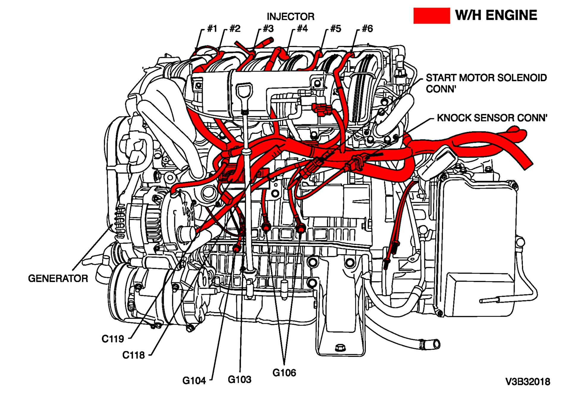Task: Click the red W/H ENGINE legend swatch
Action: (x=431, y=16)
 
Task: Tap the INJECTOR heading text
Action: (x=290, y=17)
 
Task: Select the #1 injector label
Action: (x=212, y=29)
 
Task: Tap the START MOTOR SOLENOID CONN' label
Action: (x=486, y=83)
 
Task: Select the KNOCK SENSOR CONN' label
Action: (x=492, y=118)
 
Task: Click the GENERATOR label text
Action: (x=58, y=278)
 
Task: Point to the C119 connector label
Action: (x=113, y=339)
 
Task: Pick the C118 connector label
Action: (x=133, y=355)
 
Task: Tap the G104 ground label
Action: (x=194, y=381)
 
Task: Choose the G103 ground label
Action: (x=239, y=379)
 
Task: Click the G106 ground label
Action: (x=284, y=373)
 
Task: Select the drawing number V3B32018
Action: (x=528, y=382)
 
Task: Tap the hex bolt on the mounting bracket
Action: (x=340, y=348)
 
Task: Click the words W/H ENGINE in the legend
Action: (x=496, y=15)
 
